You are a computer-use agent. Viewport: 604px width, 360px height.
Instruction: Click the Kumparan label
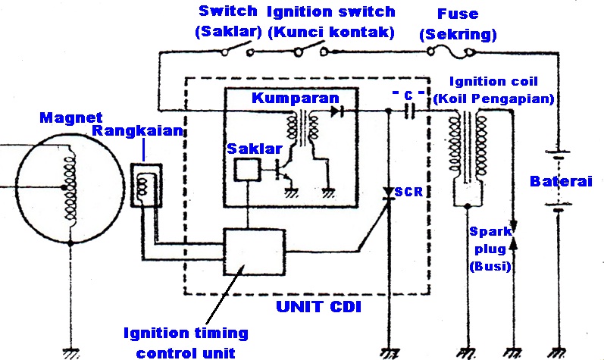point(296,99)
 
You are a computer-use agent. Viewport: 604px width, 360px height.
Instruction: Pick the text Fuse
point(457,13)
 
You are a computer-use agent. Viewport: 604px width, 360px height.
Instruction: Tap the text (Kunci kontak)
point(332,33)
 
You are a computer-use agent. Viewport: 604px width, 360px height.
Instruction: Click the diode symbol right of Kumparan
point(336,110)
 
